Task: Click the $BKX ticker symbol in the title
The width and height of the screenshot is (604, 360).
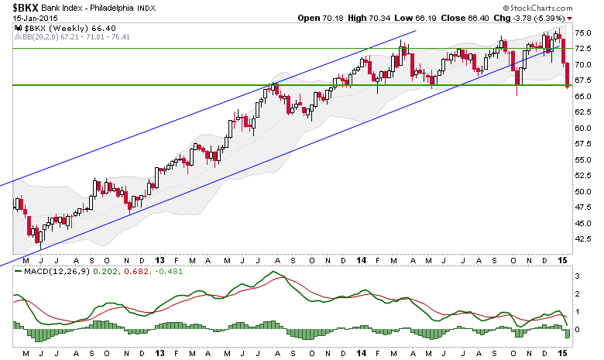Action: coord(26,7)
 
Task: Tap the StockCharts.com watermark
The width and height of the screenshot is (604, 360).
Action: coord(537,8)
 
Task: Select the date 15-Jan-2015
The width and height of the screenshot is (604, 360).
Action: coord(35,18)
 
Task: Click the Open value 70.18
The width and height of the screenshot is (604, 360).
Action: coord(332,18)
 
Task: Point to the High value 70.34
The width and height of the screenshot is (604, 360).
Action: coord(379,18)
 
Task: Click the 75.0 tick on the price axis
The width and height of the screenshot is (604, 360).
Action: coord(583,33)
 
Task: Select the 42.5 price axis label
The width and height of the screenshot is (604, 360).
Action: coord(583,239)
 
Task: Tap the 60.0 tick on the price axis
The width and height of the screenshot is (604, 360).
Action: coord(583,129)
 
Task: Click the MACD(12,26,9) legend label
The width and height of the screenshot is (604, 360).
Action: coord(57,272)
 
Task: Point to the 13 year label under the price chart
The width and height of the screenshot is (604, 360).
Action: coord(160,261)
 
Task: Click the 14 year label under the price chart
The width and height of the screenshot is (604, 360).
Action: coord(362,261)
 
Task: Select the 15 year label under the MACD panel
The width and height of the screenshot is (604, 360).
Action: coord(563,353)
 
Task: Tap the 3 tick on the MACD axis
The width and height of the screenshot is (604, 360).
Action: coord(577,276)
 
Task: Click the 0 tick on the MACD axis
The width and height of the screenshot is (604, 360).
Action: coord(577,330)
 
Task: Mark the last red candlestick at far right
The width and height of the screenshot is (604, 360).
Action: coord(567,75)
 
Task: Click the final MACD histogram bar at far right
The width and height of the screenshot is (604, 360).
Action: coord(567,334)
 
